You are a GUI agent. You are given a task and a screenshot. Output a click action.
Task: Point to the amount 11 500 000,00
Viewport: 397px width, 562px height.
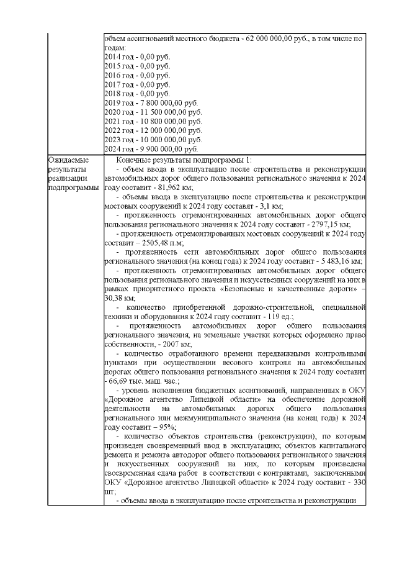164,112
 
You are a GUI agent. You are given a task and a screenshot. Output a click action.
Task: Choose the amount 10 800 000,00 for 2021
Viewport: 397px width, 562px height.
164,121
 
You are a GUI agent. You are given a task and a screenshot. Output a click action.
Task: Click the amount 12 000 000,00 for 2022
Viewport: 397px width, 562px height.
164,130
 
